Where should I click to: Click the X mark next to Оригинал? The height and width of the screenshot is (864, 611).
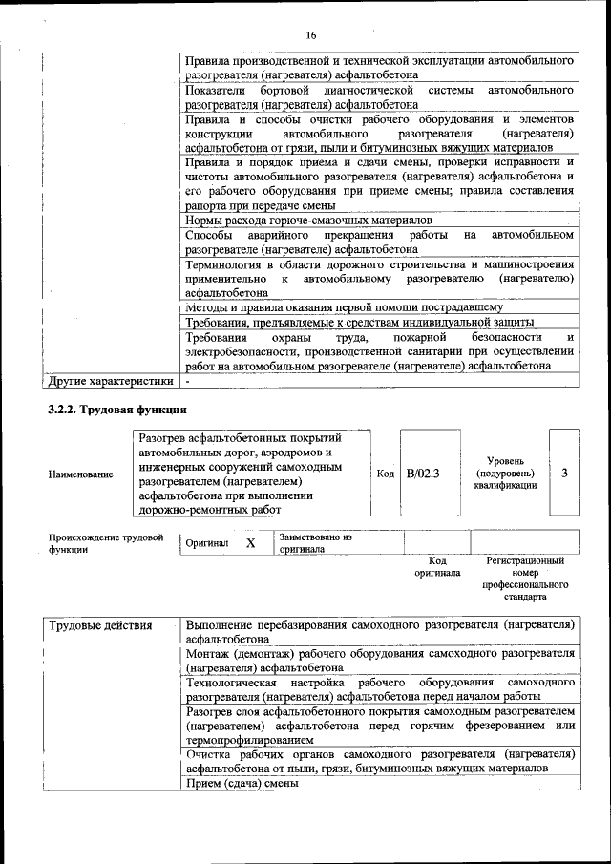click(250, 542)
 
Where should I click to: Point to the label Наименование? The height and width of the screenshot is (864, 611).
click(80, 474)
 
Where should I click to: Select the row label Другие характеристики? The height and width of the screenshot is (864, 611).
click(111, 382)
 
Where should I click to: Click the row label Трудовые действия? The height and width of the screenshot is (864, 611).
click(100, 625)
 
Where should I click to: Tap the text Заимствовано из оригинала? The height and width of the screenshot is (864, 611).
click(315, 543)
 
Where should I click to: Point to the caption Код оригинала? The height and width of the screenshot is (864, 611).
click(437, 567)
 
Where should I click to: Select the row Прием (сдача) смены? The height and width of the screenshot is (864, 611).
click(242, 783)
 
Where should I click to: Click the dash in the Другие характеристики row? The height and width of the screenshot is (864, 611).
click(189, 382)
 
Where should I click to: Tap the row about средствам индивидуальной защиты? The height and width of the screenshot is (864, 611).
click(359, 323)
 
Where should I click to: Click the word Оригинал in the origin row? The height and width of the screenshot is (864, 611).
click(207, 543)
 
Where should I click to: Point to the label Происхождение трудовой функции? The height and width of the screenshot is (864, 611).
click(100, 543)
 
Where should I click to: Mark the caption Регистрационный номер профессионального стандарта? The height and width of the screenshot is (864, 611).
click(524, 579)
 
